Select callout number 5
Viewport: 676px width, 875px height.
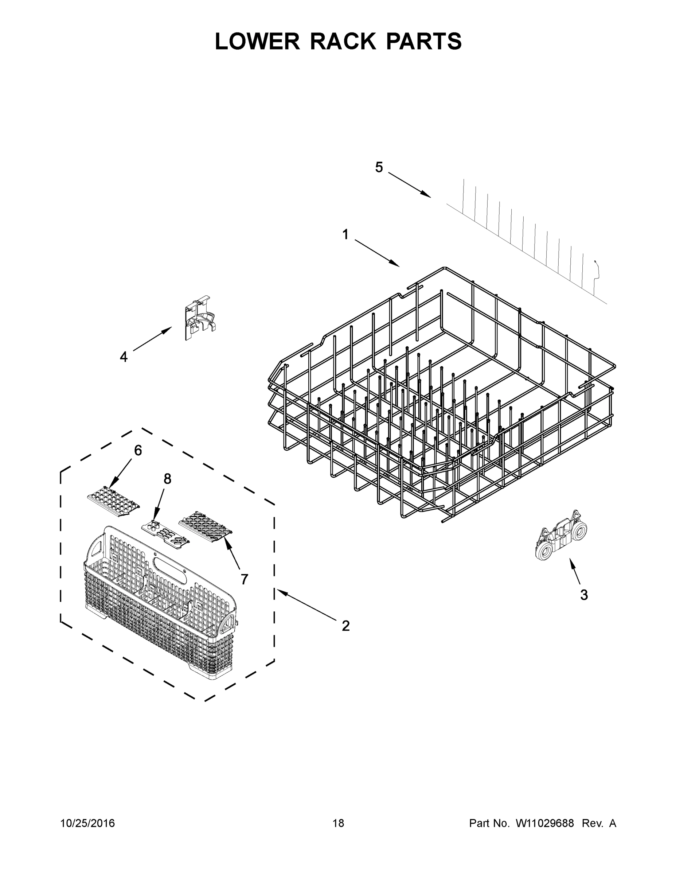point(379,167)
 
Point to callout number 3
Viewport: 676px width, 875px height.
point(584,606)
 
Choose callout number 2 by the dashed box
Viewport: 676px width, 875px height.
point(345,626)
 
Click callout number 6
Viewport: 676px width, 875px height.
point(138,451)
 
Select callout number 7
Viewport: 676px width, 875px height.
point(244,579)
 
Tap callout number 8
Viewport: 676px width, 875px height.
point(167,479)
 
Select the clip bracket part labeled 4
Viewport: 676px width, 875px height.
point(199,319)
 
